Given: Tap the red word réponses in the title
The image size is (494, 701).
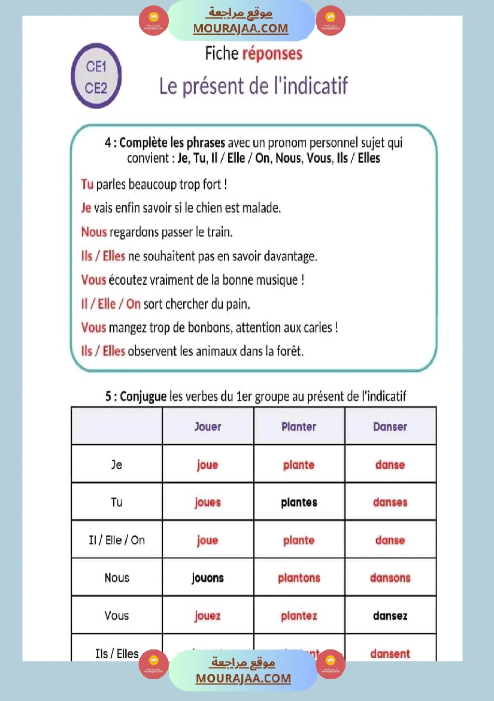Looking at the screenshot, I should pyautogui.click(x=272, y=54).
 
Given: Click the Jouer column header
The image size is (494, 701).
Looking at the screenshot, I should pyautogui.click(x=208, y=427).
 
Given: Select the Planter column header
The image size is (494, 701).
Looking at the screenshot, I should pyautogui.click(x=299, y=427).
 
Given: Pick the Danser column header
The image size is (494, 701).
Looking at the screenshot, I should pyautogui.click(x=390, y=427).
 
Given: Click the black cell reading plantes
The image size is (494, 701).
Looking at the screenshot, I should pyautogui.click(x=299, y=503).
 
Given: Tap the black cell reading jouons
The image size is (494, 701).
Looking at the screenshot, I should pyautogui.click(x=208, y=578).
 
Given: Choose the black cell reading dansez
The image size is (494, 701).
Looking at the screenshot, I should pyautogui.click(x=390, y=616).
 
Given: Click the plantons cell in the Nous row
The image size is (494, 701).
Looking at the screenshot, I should pyautogui.click(x=299, y=578).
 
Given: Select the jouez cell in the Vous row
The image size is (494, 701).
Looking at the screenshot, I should pyautogui.click(x=208, y=616).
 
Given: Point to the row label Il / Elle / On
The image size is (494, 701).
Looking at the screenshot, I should pyautogui.click(x=117, y=540).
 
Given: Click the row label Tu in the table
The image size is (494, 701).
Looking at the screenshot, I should pyautogui.click(x=117, y=503).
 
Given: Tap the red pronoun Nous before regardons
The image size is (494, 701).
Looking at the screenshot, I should pyautogui.click(x=94, y=232).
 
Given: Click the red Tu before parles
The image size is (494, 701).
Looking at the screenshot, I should pyautogui.click(x=87, y=184).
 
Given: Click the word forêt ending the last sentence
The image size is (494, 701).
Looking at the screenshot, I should pyautogui.click(x=289, y=351).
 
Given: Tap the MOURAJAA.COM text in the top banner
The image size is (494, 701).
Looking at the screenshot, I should pyautogui.click(x=240, y=28).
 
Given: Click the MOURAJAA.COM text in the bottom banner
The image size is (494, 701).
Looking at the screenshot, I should pyautogui.click(x=243, y=678).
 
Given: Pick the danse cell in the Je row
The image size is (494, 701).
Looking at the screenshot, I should pyautogui.click(x=390, y=465).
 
